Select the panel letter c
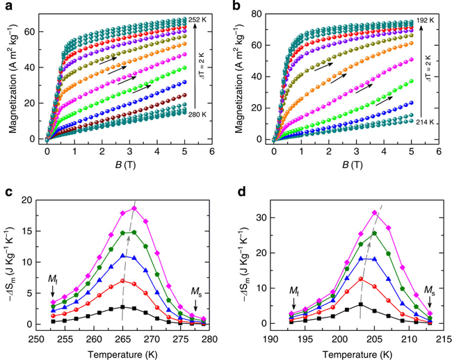pos(6,190)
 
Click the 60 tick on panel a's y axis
pos(32,33)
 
